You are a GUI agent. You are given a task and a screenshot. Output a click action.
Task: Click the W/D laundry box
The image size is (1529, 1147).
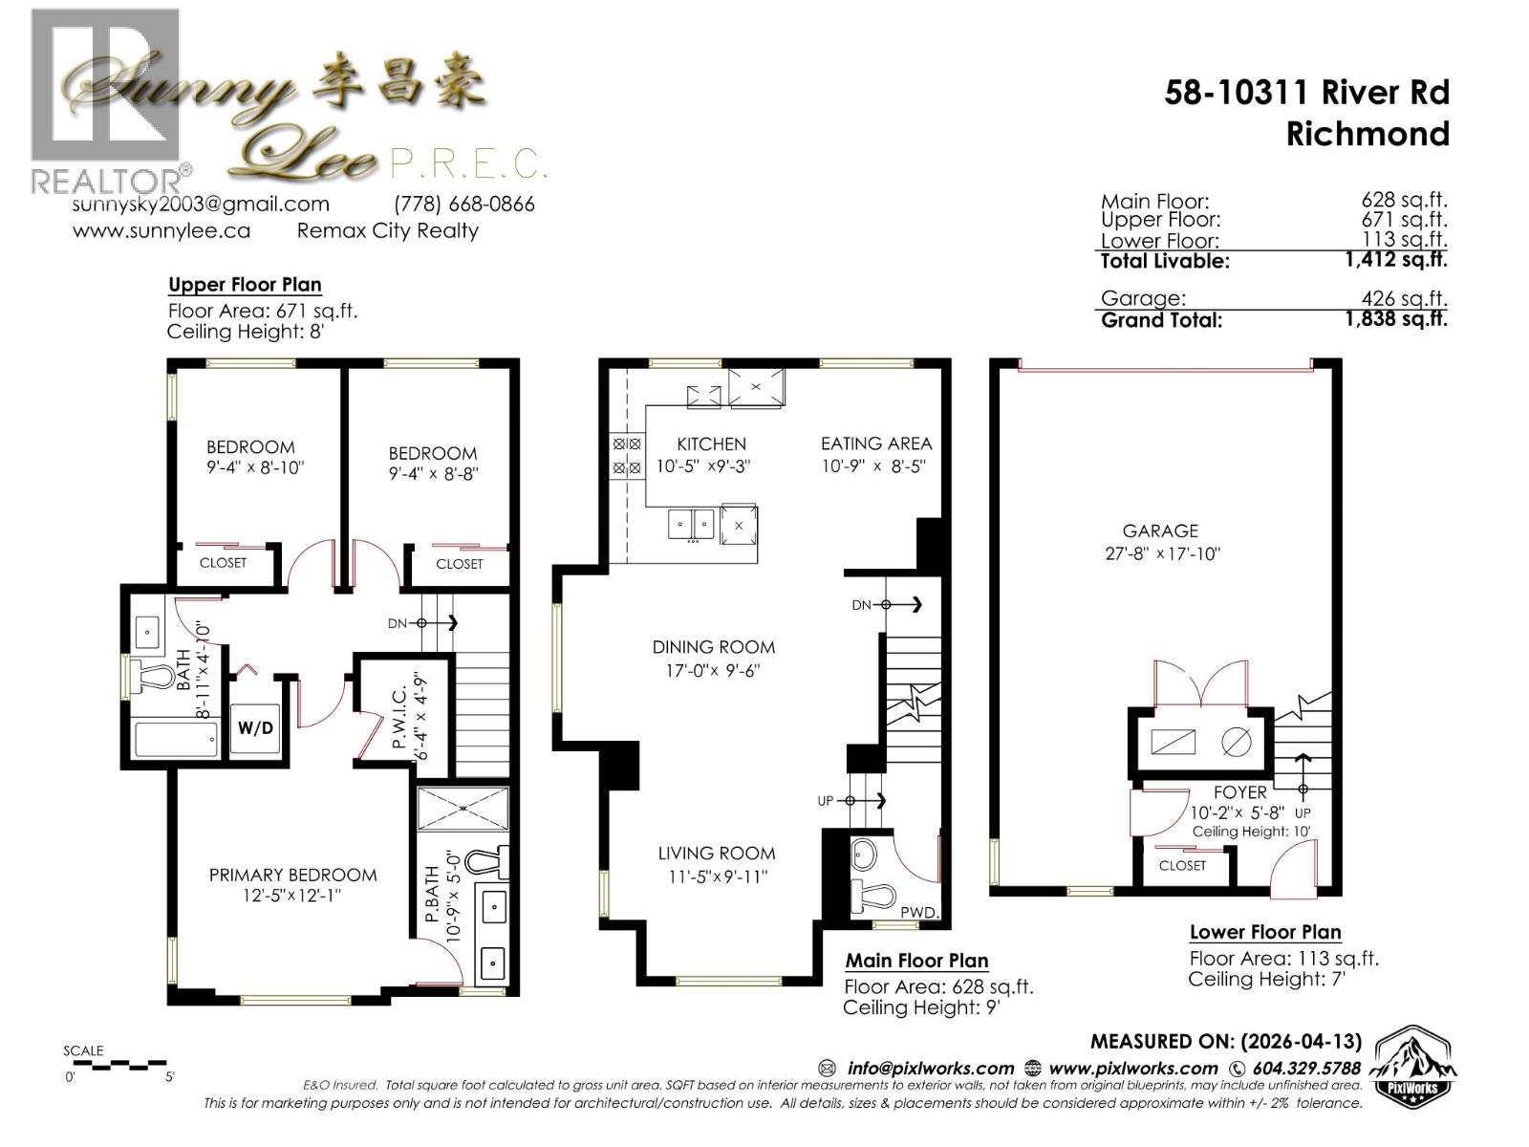click(x=255, y=728)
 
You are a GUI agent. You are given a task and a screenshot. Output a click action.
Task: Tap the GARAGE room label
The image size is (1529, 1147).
click(x=1160, y=531)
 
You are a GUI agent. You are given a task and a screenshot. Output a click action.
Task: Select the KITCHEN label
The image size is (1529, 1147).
click(x=711, y=444)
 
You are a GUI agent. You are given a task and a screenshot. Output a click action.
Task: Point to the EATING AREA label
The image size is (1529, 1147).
click(x=875, y=444)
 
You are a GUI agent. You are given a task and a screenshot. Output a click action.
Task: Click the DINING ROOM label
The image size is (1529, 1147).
click(x=714, y=648)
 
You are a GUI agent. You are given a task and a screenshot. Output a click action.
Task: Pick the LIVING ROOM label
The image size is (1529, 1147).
click(x=716, y=854)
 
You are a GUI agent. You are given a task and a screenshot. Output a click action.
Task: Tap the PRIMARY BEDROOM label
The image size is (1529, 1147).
click(x=292, y=875)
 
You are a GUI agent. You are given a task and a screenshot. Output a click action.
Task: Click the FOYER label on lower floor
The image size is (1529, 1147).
click(x=1239, y=792)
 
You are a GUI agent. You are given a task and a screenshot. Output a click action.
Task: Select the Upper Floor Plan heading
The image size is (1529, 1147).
click(x=245, y=285)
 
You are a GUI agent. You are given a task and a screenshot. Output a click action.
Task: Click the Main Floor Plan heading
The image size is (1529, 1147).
click(x=916, y=961)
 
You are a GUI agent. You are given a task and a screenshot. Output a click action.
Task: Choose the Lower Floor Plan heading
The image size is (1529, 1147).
click(x=1264, y=932)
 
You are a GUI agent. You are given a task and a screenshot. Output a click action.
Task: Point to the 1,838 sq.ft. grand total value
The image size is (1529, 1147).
click(x=1395, y=319)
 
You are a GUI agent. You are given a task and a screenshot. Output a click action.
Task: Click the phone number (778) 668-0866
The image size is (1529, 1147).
click(x=463, y=205)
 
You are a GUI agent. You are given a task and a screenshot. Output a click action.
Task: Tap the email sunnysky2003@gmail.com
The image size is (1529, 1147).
click(x=201, y=205)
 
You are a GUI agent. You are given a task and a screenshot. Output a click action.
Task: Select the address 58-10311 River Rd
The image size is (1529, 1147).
click(x=1306, y=93)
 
